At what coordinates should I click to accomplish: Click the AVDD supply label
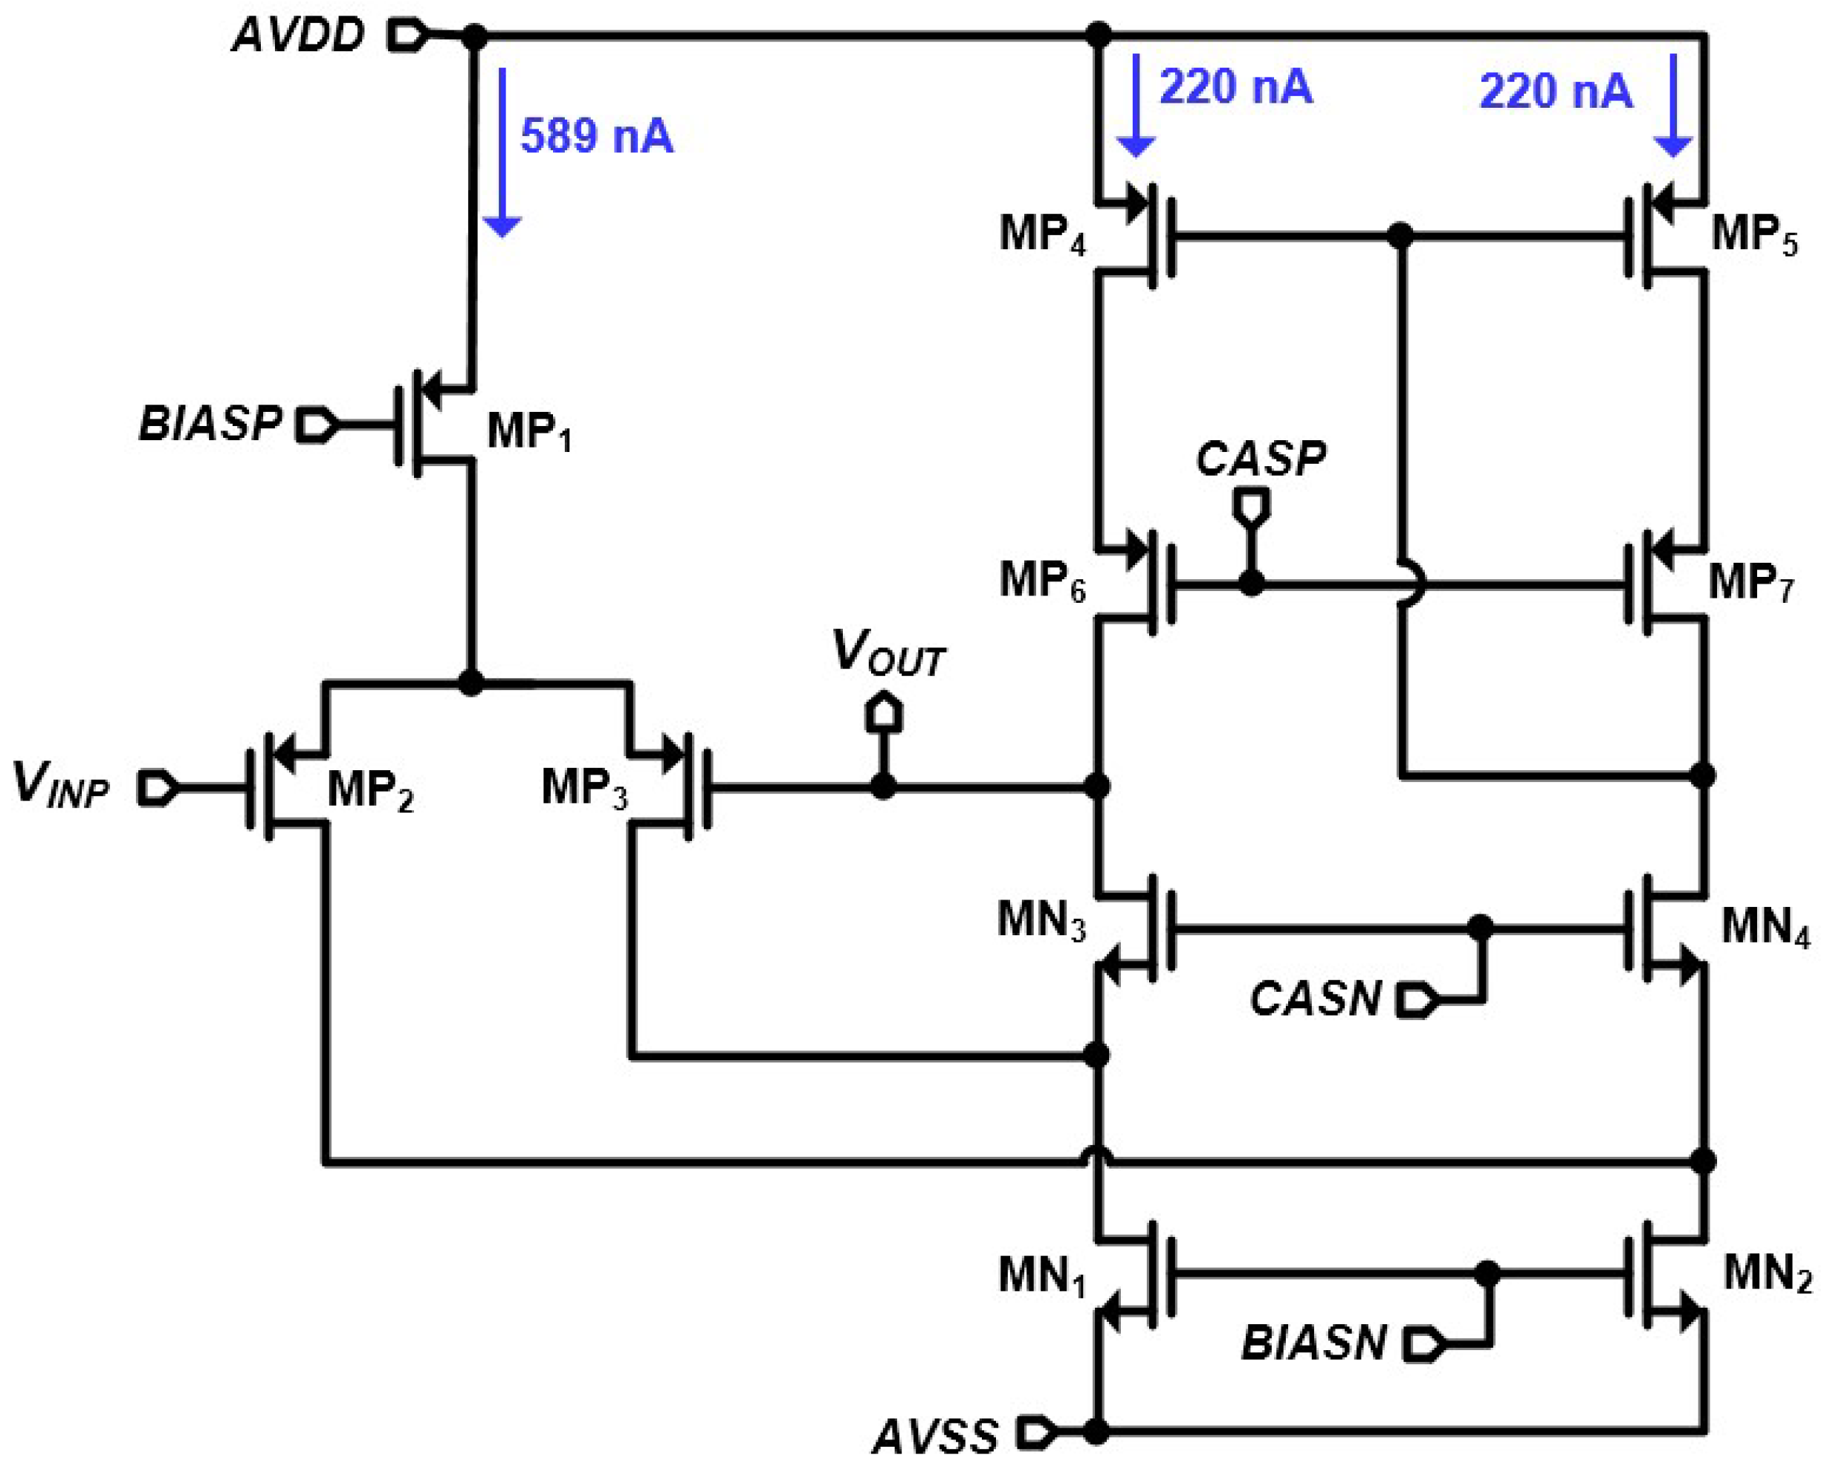[299, 36]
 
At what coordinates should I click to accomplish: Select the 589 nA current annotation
[597, 137]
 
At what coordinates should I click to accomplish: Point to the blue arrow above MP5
[1674, 106]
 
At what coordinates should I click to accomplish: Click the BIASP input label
[210, 424]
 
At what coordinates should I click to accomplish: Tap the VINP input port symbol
[158, 788]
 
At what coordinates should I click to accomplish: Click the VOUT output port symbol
[883, 713]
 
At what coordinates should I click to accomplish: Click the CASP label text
[1260, 459]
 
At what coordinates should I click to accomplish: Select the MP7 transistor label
[1750, 583]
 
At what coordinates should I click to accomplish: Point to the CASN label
[1316, 999]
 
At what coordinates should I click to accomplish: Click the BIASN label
[1314, 1343]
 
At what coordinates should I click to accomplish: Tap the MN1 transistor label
[1041, 1276]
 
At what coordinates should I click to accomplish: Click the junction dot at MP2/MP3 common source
[471, 682]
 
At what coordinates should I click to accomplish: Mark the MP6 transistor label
[1041, 581]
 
